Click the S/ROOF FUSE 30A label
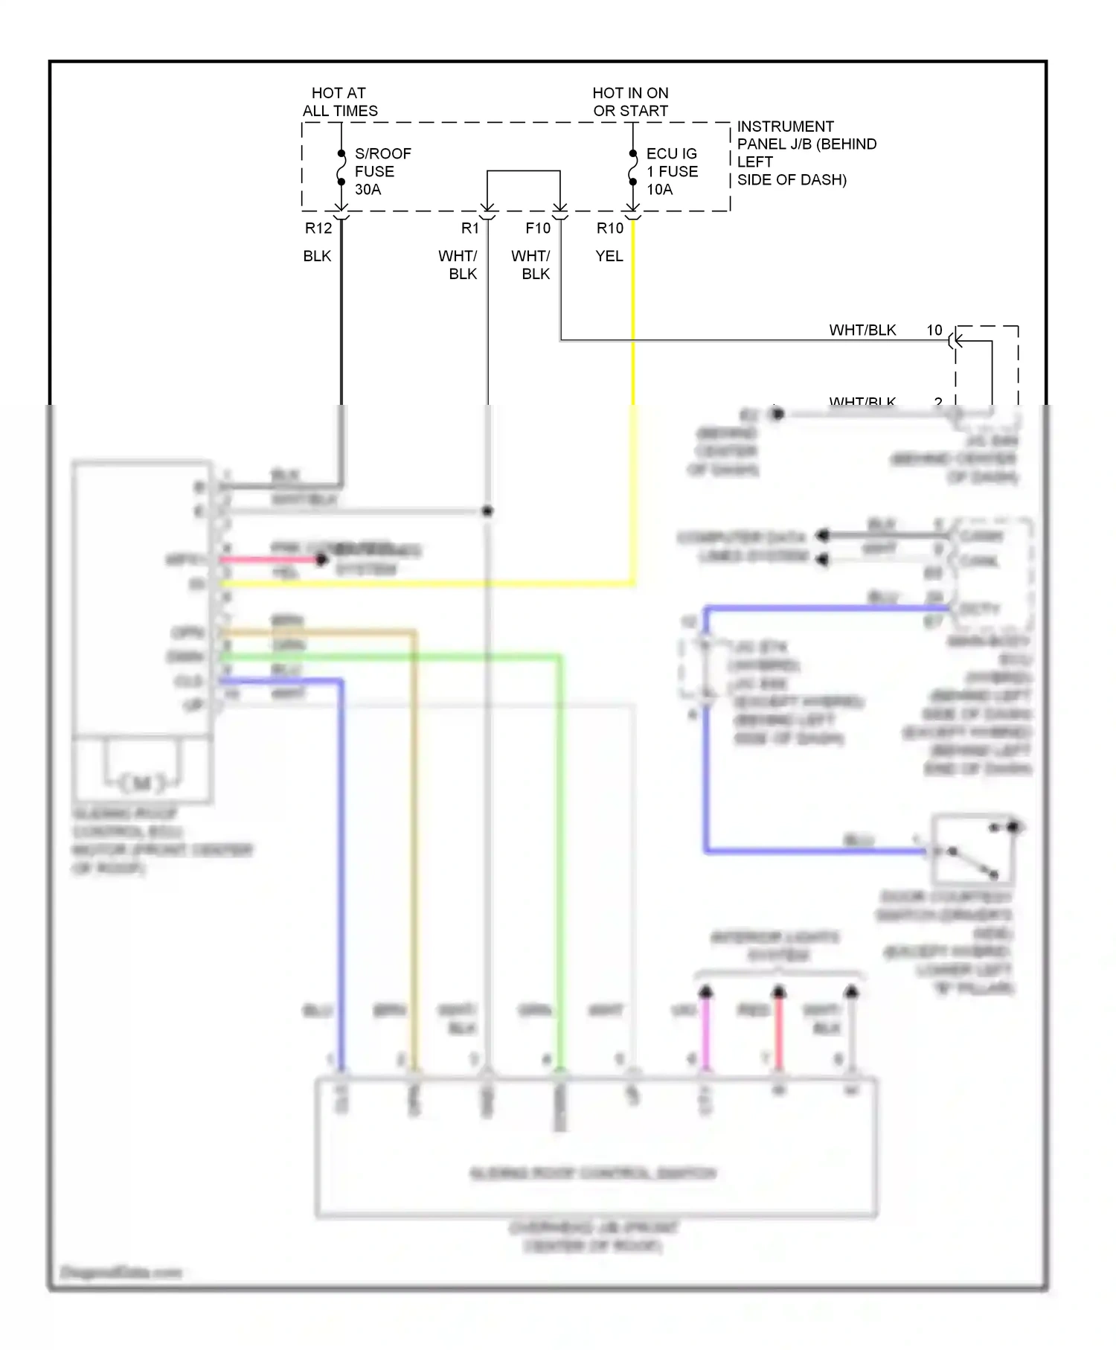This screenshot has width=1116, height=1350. (x=382, y=171)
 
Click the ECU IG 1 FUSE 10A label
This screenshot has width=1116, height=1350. (x=671, y=171)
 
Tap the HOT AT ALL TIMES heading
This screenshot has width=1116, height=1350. (x=339, y=102)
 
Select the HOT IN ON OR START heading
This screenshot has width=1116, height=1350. (x=630, y=102)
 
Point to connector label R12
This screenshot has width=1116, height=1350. (x=318, y=228)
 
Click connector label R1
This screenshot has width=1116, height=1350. (x=469, y=228)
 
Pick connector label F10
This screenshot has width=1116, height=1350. (x=537, y=228)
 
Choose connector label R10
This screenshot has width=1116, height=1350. (x=609, y=228)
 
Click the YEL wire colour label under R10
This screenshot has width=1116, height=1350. (x=609, y=256)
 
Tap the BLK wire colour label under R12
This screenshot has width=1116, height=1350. (x=317, y=256)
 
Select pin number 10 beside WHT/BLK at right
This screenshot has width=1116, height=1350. (x=934, y=330)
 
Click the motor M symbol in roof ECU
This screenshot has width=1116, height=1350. (x=143, y=782)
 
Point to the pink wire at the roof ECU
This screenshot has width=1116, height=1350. (x=268, y=560)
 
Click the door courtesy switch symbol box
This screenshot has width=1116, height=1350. (x=972, y=849)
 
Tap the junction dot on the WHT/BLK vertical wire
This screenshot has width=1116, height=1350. (x=487, y=511)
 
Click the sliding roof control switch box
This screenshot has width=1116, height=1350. (x=595, y=1146)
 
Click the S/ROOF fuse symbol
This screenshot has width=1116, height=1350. (x=341, y=168)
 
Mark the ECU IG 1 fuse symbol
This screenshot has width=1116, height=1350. (x=632, y=168)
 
